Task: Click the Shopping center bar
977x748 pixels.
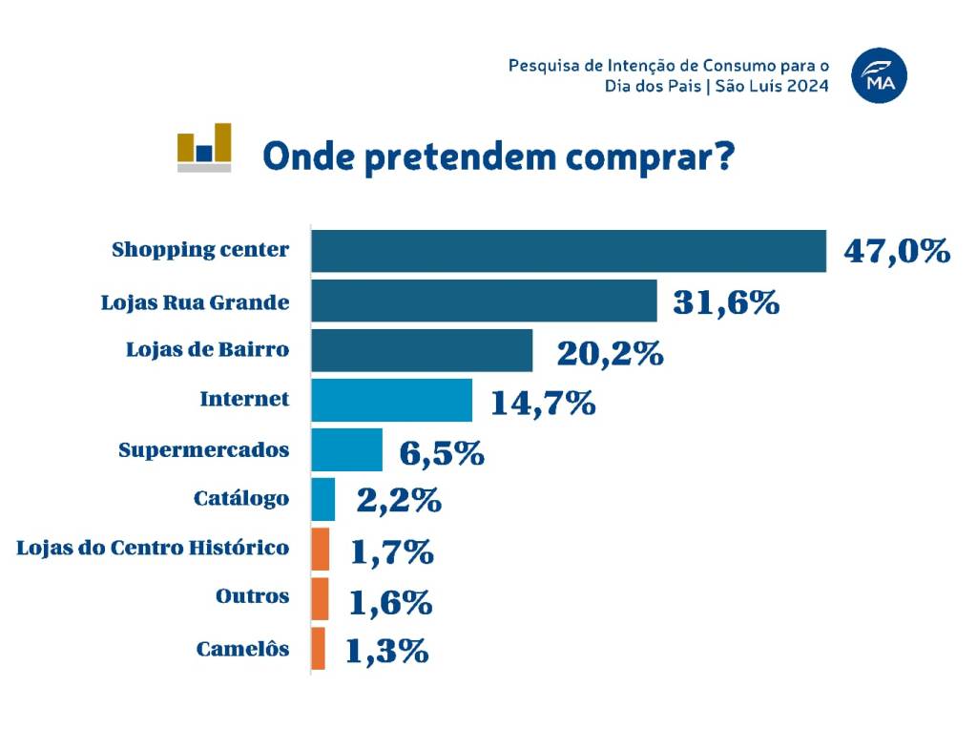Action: point(569,251)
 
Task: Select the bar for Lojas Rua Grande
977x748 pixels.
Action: point(484,301)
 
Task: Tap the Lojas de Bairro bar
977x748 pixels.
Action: point(422,350)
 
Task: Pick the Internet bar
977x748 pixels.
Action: point(391,400)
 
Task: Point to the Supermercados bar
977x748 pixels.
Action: point(346,449)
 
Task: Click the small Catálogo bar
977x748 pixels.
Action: point(323,499)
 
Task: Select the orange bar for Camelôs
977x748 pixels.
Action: point(319,648)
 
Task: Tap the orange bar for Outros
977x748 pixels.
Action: point(321,598)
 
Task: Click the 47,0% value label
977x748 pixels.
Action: point(897,252)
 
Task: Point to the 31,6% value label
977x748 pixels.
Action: point(726,302)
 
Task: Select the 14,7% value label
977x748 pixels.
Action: point(543,403)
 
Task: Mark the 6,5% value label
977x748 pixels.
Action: point(442,453)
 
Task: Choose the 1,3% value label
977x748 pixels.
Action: point(386,651)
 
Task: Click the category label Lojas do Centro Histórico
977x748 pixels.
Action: point(153,548)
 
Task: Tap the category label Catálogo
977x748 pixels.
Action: point(240,498)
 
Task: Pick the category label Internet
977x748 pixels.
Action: point(244,399)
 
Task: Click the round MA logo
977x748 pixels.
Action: point(880,75)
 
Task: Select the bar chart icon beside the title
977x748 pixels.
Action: point(204,148)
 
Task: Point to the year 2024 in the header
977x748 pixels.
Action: point(807,86)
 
